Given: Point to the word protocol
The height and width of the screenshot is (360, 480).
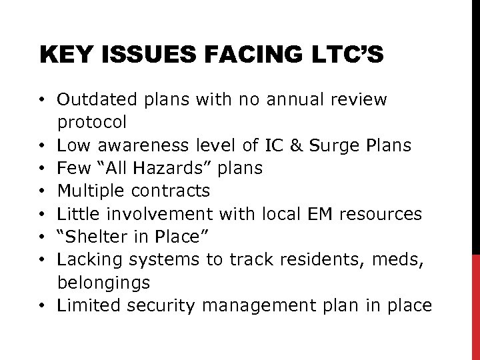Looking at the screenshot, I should pos(91,123).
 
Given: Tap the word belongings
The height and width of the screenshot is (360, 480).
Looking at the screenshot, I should pos(103,283).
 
